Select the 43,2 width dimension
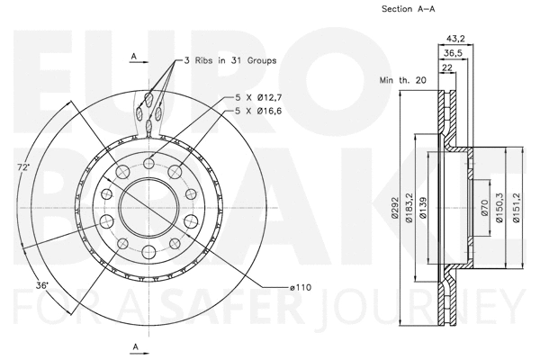tap(456, 39)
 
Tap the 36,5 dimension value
tap(454, 53)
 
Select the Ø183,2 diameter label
tap(409, 208)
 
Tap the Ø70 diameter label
tap(484, 209)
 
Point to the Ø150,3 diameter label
tap(499, 209)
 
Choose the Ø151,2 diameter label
tap(516, 209)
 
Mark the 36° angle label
tap(42, 285)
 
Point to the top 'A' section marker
tap(133, 56)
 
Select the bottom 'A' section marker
tap(134, 346)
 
